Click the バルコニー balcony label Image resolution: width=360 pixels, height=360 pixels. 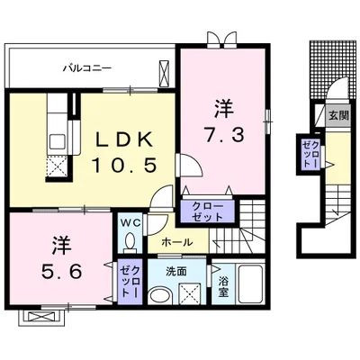[86, 67]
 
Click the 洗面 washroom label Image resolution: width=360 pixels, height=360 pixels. [175, 270]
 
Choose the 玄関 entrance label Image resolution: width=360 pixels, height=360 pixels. [337, 115]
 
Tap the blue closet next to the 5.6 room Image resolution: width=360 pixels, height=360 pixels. [129, 280]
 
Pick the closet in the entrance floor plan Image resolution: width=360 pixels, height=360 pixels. [310, 155]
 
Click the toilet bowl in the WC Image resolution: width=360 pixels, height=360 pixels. [130, 241]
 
